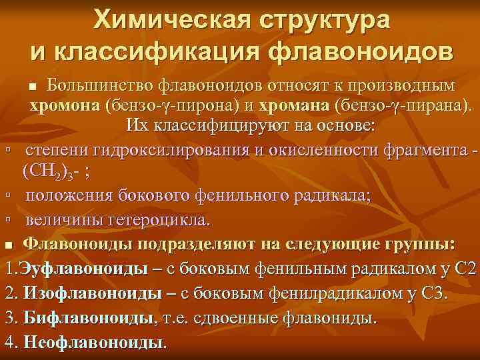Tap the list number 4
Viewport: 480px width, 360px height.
pyautogui.click(x=9, y=341)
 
